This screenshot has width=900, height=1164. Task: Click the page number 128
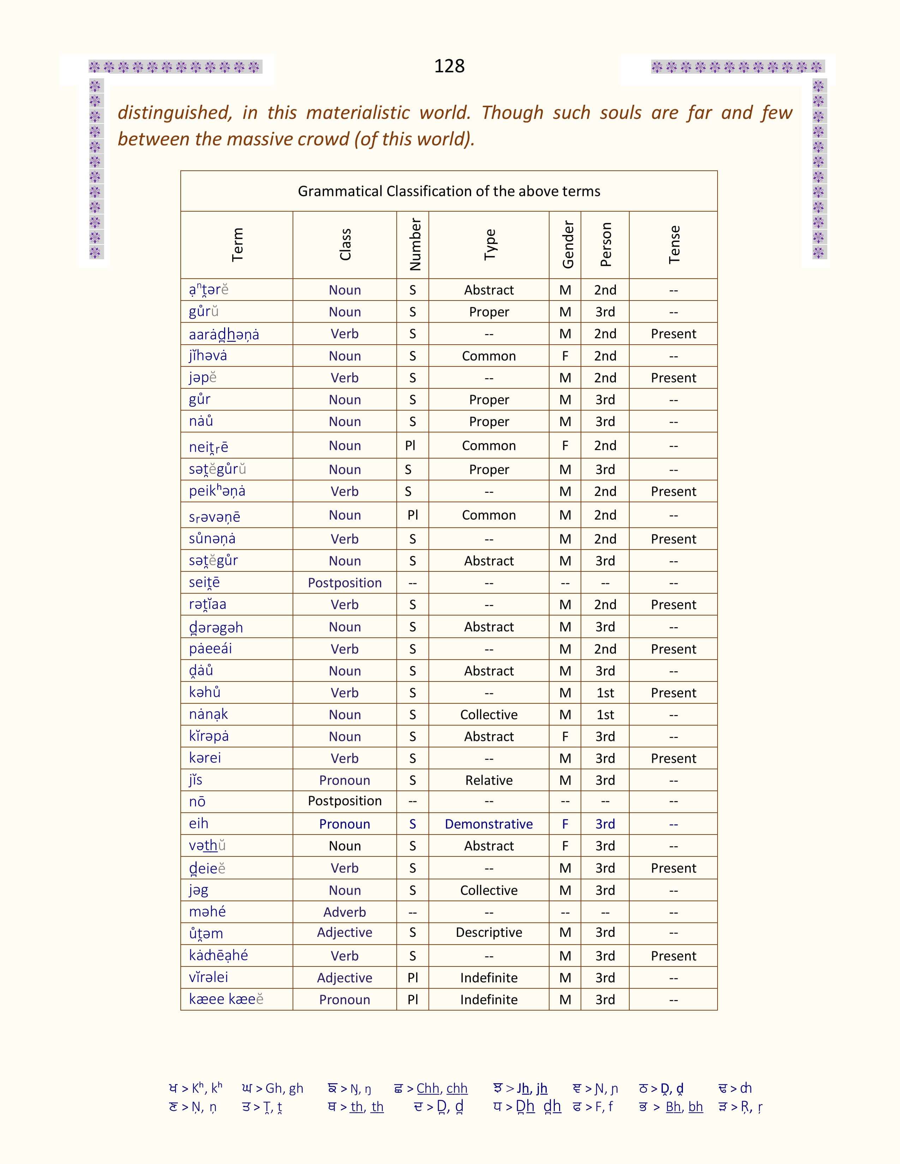click(449, 66)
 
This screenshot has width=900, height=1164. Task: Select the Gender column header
click(567, 245)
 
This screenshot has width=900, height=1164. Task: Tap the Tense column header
click(674, 245)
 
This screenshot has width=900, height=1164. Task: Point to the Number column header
click(415, 245)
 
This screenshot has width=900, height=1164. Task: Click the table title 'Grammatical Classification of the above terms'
click(449, 191)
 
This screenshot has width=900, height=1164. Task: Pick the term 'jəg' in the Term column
click(198, 890)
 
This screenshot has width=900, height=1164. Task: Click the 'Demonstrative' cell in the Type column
click(488, 824)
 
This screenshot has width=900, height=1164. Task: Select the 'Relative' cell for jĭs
click(488, 780)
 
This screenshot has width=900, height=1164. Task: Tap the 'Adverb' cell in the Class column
click(344, 912)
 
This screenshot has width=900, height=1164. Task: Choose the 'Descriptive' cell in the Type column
click(488, 932)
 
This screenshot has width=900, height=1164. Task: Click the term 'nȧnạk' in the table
click(209, 714)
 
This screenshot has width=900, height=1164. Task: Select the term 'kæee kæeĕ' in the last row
click(226, 999)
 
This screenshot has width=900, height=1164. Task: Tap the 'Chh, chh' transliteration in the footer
click(442, 1088)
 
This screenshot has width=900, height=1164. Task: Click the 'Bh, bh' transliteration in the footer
click(684, 1107)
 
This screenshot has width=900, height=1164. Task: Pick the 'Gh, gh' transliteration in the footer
click(284, 1088)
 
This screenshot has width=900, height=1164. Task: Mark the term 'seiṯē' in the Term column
click(204, 583)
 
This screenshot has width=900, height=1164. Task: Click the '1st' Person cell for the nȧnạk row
click(605, 715)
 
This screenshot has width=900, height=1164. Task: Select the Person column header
click(605, 245)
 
